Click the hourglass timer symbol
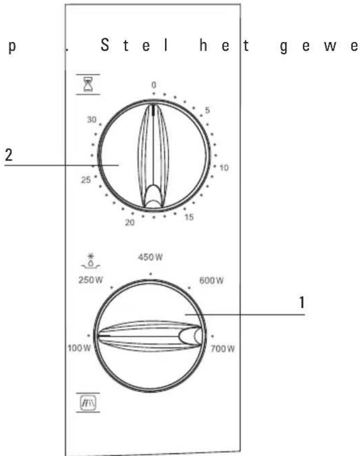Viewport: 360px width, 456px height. [88, 84]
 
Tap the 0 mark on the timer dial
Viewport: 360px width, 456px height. [153, 85]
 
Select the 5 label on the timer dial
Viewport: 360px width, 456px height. [207, 110]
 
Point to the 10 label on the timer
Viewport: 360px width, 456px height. [224, 168]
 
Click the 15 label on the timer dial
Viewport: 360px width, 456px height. [189, 217]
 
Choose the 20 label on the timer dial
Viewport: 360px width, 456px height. [130, 222]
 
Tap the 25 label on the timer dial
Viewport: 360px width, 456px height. [86, 180]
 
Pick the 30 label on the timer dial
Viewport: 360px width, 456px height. [92, 120]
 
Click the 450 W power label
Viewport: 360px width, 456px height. [150, 257]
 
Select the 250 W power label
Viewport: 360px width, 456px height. [91, 280]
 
